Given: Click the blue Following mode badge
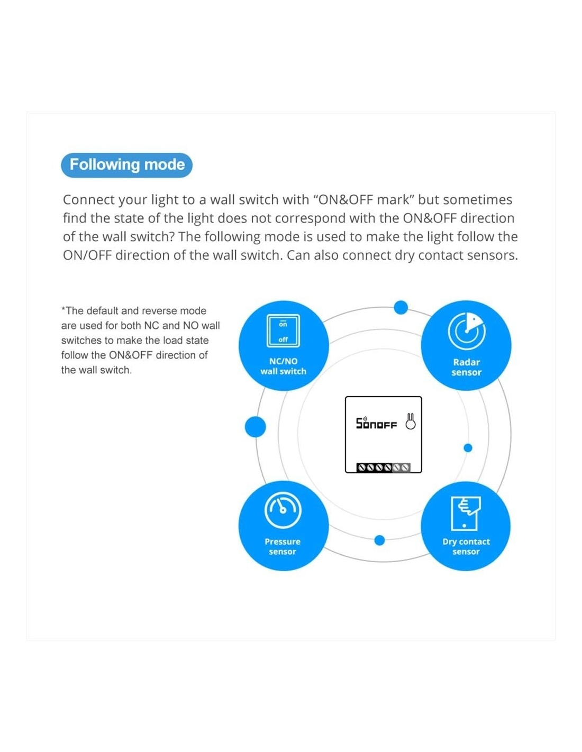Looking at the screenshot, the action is coord(126,165).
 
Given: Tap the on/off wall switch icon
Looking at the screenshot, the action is coord(283,331).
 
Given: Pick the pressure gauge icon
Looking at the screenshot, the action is coord(283,510).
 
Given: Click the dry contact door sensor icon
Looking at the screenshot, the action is coord(466,513).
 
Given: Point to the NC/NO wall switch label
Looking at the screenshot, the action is coord(283,366).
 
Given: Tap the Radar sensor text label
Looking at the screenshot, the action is coord(466,367).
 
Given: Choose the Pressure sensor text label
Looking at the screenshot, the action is coord(283,546).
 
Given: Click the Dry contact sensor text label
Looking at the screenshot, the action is coord(466,546).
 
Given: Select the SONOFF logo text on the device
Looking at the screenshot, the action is coord(376,423).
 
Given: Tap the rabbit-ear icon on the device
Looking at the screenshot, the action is coord(410,421).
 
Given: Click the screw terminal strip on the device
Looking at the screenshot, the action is coord(383,467).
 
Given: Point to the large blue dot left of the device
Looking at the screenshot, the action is coord(255,427).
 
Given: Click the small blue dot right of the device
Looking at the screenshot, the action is coord(468,448).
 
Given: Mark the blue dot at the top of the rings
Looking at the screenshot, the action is coord(401,307).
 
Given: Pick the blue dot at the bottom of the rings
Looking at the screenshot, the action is coord(379,540).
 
